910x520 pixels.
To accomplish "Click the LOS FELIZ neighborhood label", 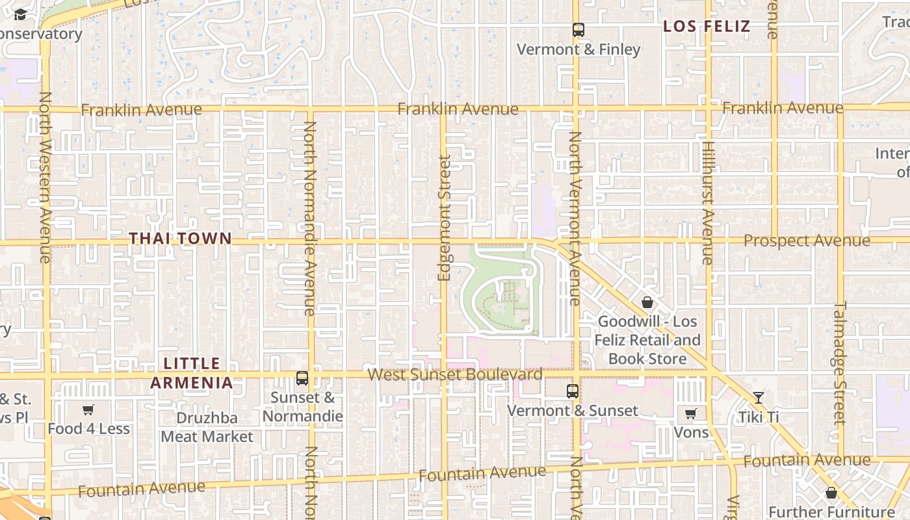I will (x=707, y=27).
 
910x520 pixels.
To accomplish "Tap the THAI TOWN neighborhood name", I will (x=180, y=239).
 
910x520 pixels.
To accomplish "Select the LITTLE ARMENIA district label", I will (x=192, y=372).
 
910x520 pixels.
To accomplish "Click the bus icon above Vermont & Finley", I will (x=578, y=29).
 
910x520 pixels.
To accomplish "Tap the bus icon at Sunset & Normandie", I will (x=302, y=378).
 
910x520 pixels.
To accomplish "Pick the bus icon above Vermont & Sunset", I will (x=572, y=391).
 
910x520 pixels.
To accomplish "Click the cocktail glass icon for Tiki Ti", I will (x=758, y=397).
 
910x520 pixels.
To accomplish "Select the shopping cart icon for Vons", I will (x=691, y=413).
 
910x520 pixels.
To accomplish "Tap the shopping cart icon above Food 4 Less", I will (x=88, y=409).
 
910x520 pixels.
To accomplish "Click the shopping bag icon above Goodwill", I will (x=647, y=302).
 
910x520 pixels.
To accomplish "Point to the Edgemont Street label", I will (x=445, y=218).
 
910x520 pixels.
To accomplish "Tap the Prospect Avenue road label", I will (x=806, y=240).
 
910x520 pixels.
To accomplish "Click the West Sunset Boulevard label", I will (x=455, y=374).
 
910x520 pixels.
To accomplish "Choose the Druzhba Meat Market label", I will (x=207, y=427).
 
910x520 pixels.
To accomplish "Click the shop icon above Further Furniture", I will (x=831, y=493).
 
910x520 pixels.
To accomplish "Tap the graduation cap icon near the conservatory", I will (x=20, y=15).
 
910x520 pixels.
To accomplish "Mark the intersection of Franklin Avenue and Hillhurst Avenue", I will (x=708, y=107).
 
